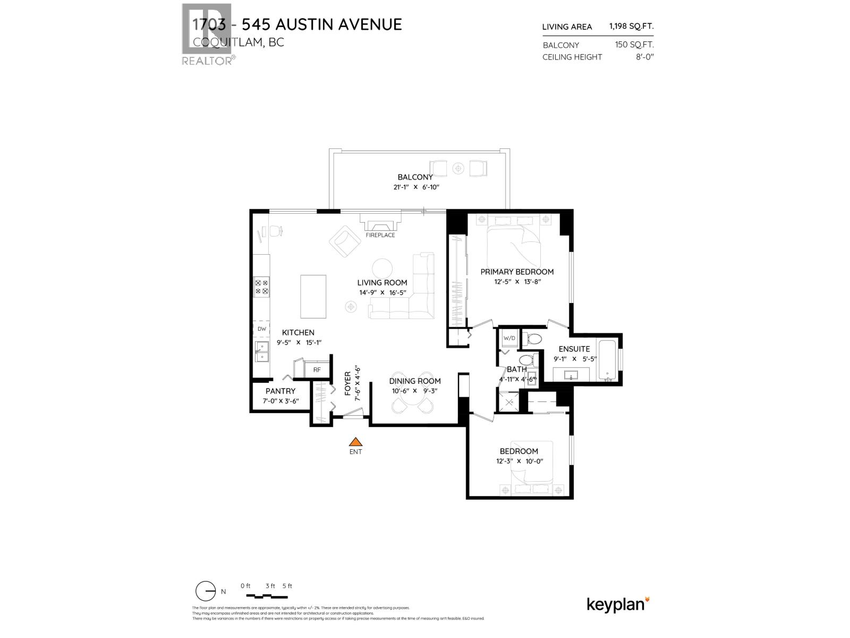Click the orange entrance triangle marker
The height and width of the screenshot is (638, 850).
coord(355,442)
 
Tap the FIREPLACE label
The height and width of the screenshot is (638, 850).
coord(380,235)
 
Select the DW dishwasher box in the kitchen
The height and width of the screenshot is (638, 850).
coord(261,329)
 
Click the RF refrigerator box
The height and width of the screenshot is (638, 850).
coord(317,370)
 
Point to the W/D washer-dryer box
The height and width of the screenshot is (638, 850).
coord(509,338)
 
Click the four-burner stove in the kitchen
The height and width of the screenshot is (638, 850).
coord(262,287)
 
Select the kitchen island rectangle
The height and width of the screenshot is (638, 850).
coord(313,296)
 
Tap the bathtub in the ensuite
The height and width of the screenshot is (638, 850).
coord(607,361)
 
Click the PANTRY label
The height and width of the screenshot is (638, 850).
coord(280,391)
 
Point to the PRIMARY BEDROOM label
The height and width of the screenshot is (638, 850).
coord(517,272)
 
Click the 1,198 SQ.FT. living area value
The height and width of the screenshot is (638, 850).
coord(631,27)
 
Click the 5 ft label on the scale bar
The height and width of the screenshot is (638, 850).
coord(287,586)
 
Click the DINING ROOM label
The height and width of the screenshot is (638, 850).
coord(415,381)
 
